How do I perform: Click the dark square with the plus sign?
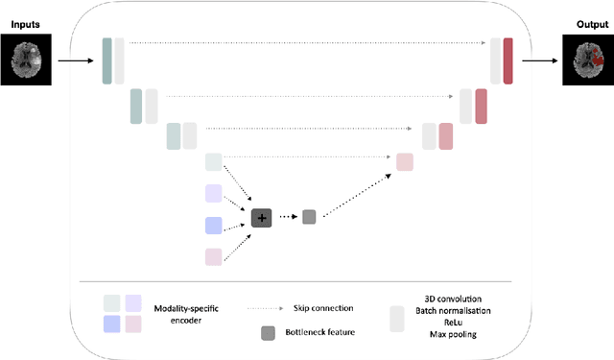tap(261, 218)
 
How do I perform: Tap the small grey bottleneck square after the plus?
tap(309, 218)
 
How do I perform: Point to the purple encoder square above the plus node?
tap(213, 194)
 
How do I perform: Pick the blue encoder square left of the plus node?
tap(213, 225)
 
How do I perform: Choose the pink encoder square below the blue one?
tap(213, 255)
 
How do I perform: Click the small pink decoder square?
tap(404, 162)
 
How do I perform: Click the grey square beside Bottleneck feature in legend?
tap(269, 333)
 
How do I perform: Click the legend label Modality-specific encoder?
tap(187, 315)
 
